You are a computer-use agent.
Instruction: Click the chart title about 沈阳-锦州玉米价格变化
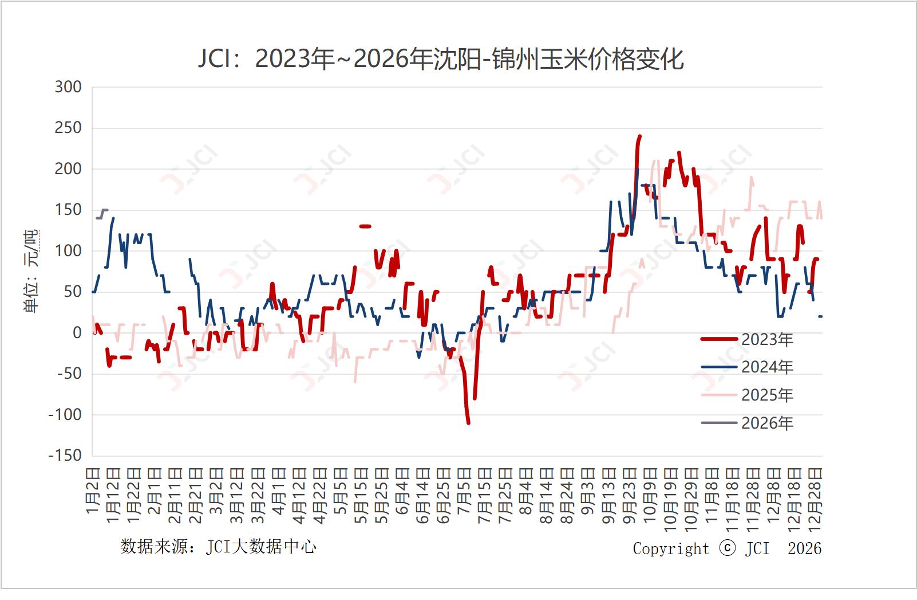tap(441, 59)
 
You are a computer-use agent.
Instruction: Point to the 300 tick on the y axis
tap(68, 87)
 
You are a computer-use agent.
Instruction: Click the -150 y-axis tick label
tap(65, 456)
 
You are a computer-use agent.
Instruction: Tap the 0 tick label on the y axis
tap(77, 333)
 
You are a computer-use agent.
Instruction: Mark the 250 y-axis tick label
tap(68, 128)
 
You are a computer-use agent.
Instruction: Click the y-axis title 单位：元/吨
tap(31, 271)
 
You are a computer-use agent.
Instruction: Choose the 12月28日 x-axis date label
tap(815, 499)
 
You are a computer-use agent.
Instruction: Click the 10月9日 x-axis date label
tap(650, 495)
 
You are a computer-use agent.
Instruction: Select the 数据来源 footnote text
tap(218, 547)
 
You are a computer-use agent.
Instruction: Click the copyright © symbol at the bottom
tap(727, 548)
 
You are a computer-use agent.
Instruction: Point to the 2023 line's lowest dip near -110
tap(468, 422)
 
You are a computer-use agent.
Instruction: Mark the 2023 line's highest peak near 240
tap(639, 136)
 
